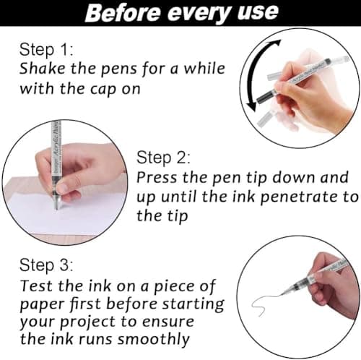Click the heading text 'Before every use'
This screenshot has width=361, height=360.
[182, 12]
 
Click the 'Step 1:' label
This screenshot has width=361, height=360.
[46, 50]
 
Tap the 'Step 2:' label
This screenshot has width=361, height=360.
[163, 158]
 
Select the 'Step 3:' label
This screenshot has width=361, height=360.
[46, 265]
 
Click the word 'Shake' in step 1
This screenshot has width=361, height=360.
[43, 69]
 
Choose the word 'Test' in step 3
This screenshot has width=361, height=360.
[37, 286]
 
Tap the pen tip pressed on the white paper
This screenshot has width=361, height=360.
[57, 207]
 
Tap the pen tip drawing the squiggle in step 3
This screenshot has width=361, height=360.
[281, 294]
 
